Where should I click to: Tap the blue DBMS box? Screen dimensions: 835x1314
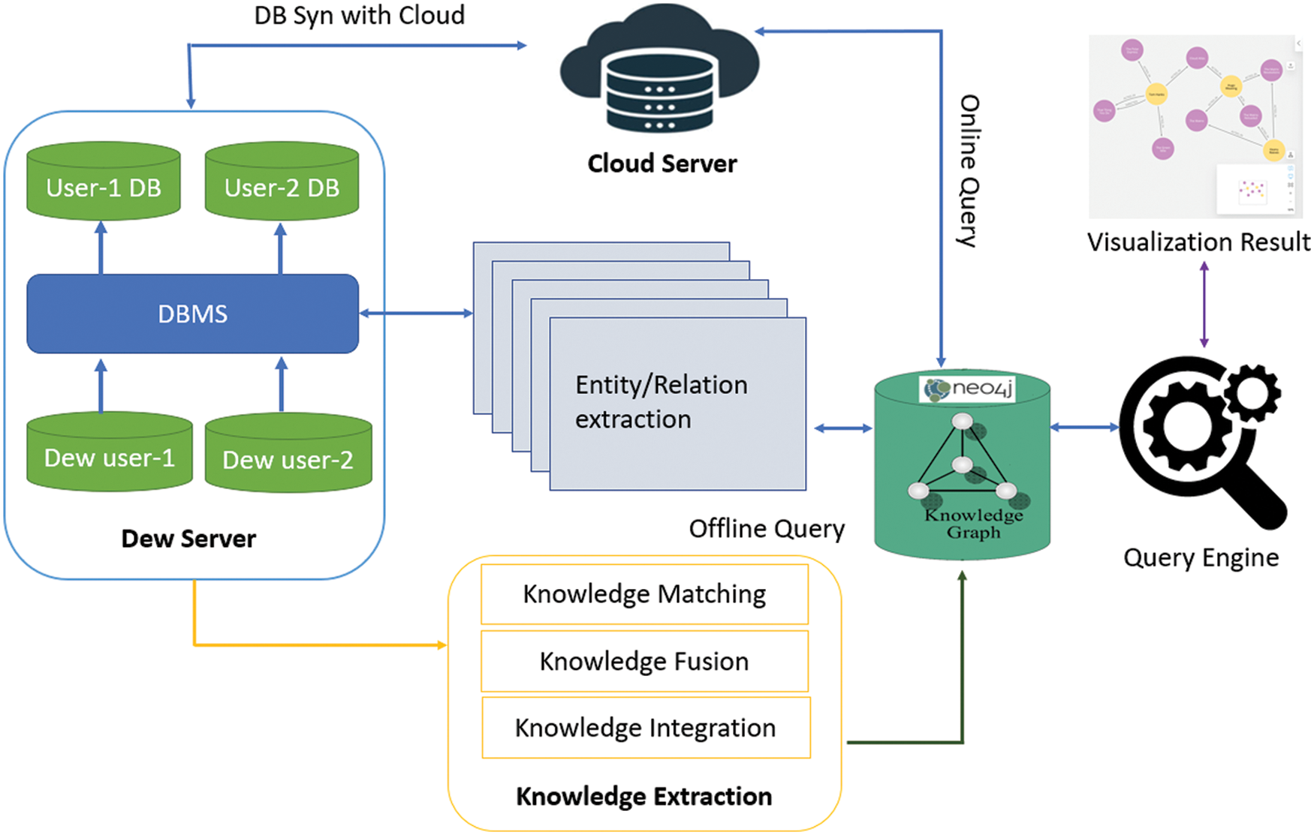192,314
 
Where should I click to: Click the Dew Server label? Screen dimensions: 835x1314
188,539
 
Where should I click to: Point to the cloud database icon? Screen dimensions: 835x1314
659,71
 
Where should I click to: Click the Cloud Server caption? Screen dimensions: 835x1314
662,164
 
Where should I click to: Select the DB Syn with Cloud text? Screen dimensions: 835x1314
359,15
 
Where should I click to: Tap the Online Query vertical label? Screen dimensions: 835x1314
969,171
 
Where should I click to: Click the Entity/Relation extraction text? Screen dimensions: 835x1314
661,402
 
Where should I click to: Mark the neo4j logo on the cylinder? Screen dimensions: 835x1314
968,389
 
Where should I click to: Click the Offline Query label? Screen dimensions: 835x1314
767,529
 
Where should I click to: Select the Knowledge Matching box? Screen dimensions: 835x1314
644,594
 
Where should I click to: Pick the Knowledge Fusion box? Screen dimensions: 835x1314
644,661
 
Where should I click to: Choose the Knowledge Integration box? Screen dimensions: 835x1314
646,728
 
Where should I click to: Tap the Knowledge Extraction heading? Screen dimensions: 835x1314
643,796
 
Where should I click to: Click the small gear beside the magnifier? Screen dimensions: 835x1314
1252,391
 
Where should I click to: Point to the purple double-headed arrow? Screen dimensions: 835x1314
1204,304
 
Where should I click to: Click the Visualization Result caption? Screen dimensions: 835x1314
1198,242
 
